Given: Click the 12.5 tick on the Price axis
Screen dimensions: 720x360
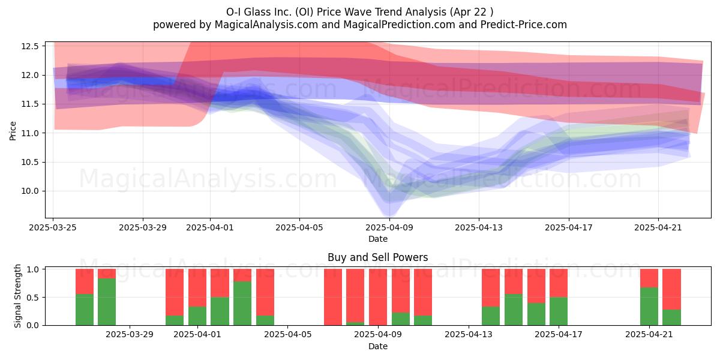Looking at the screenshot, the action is click(x=30, y=46).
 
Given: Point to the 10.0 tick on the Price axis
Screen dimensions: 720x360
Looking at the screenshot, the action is click(x=30, y=191).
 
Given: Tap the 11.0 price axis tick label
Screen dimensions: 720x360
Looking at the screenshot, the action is click(x=30, y=133).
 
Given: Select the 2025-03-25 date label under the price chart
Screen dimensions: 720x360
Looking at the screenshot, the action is click(x=53, y=227).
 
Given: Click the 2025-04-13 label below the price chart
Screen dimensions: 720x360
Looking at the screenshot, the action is click(x=479, y=227).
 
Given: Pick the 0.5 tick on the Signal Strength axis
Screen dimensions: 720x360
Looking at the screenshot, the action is click(x=33, y=298).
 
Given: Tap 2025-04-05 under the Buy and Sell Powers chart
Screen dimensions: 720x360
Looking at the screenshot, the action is click(x=287, y=335).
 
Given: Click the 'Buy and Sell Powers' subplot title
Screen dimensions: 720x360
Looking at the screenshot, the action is click(x=377, y=257).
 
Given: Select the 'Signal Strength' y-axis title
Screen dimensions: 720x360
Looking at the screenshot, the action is click(x=17, y=296).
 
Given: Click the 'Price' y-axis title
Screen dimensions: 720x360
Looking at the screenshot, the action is click(x=13, y=131).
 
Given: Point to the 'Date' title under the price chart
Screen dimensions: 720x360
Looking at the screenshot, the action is click(x=377, y=239).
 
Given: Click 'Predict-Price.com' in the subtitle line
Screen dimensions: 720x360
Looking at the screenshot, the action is click(x=524, y=25).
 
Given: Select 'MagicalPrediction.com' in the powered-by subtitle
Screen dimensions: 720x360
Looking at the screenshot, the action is click(x=399, y=25).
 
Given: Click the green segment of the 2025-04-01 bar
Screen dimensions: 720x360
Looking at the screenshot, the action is click(x=197, y=316).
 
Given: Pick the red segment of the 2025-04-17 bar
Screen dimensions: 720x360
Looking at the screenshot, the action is click(x=559, y=283).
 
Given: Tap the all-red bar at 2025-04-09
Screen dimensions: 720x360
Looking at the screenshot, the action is click(x=378, y=297).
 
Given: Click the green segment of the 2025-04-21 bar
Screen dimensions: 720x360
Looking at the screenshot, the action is click(x=649, y=307).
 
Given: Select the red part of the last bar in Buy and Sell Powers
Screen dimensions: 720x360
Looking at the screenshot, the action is click(x=671, y=289).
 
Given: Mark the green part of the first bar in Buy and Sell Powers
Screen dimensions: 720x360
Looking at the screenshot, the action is click(x=85, y=310).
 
